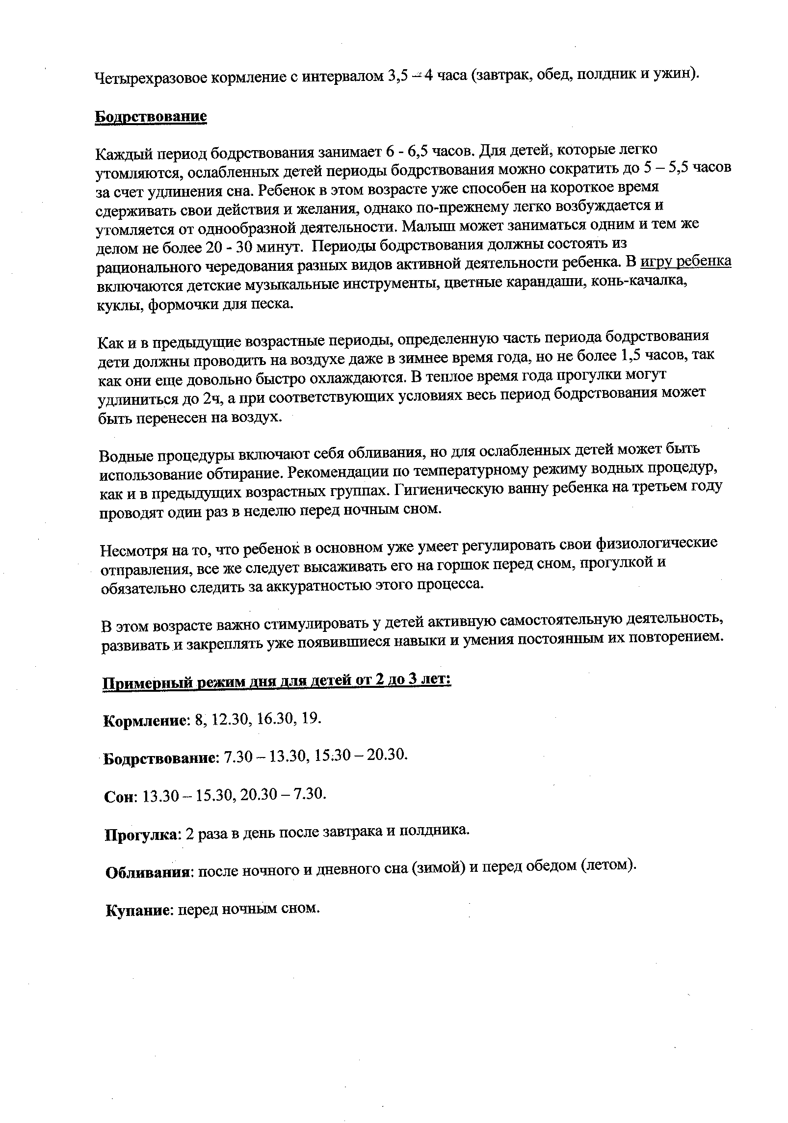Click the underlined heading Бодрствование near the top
pyautogui.click(x=151, y=117)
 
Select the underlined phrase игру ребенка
pyautogui.click(x=686, y=262)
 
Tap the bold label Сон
pyautogui.click(x=121, y=797)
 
